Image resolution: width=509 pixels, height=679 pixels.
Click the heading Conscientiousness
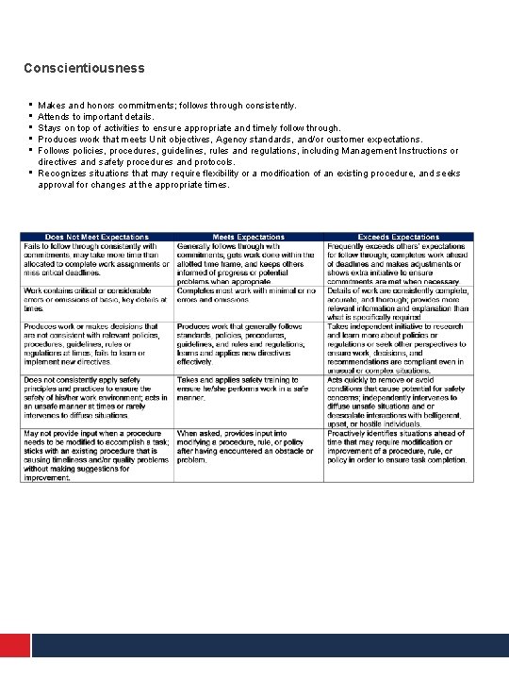pos(85,68)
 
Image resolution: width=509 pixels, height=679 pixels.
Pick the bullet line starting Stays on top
pos(189,127)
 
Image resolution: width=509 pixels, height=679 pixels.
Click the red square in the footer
pos(13,645)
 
